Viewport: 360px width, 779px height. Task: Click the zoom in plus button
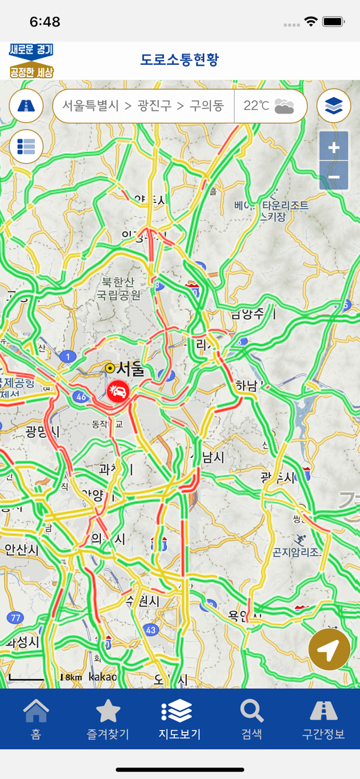(x=334, y=147)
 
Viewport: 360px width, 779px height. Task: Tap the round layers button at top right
(x=334, y=106)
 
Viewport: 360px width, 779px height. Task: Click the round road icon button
(x=26, y=106)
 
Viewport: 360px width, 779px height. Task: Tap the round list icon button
(x=26, y=146)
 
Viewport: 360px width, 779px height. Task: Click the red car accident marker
(x=119, y=391)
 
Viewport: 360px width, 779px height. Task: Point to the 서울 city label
(x=130, y=369)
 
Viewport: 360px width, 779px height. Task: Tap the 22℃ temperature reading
(x=256, y=106)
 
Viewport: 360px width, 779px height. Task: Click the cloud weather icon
(x=284, y=106)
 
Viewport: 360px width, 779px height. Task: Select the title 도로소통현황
(x=180, y=60)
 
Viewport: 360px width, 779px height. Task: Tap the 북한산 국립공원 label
(x=118, y=289)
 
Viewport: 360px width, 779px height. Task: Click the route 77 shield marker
(x=15, y=617)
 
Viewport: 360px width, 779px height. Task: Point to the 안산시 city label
(x=22, y=549)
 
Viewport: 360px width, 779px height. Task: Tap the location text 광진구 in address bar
(x=154, y=106)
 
